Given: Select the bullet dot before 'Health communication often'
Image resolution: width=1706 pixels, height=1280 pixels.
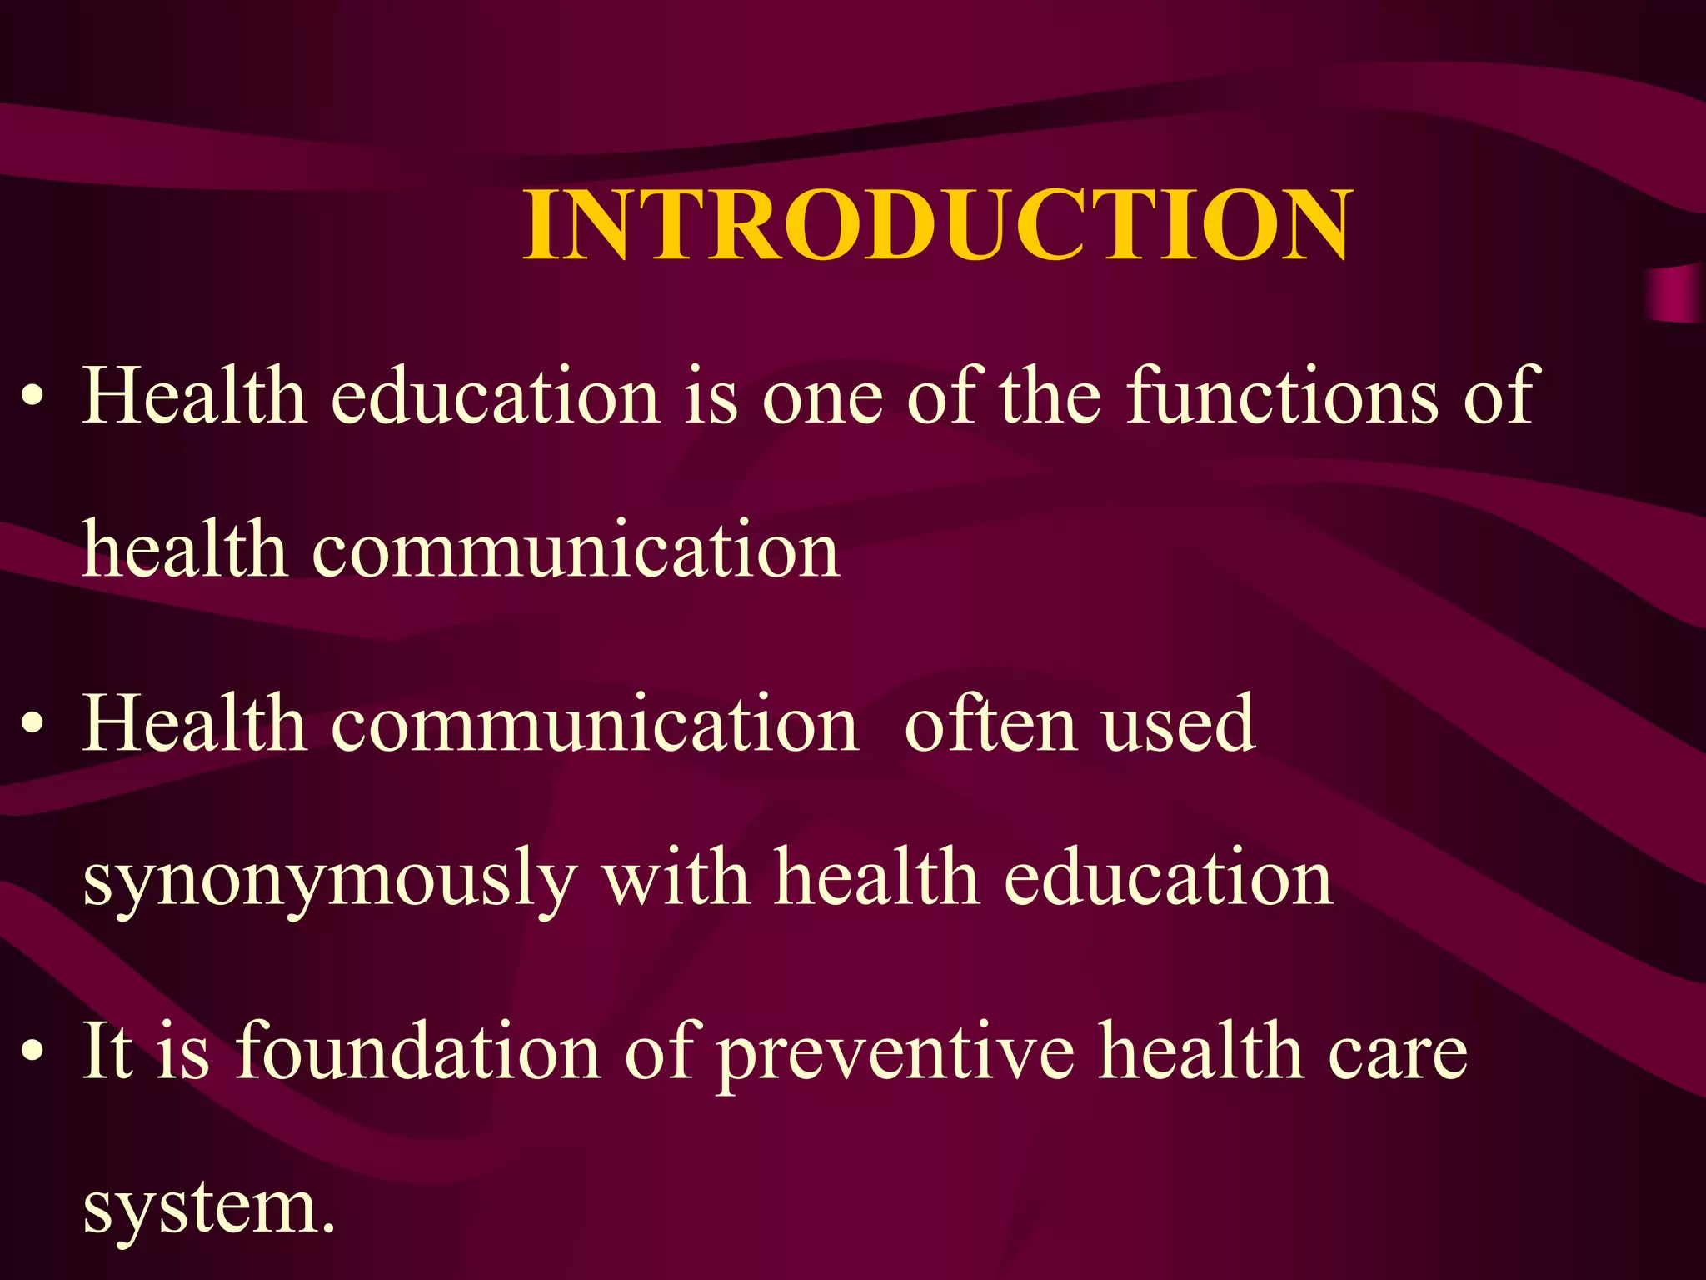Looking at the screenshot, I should click(32, 724).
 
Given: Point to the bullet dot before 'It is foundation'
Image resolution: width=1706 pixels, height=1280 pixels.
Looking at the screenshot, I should click(32, 1052).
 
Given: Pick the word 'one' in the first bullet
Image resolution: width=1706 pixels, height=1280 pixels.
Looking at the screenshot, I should click(822, 398).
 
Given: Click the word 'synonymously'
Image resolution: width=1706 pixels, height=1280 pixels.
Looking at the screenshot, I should click(330, 882).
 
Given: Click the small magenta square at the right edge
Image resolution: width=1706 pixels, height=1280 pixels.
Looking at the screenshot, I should click(1676, 294).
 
